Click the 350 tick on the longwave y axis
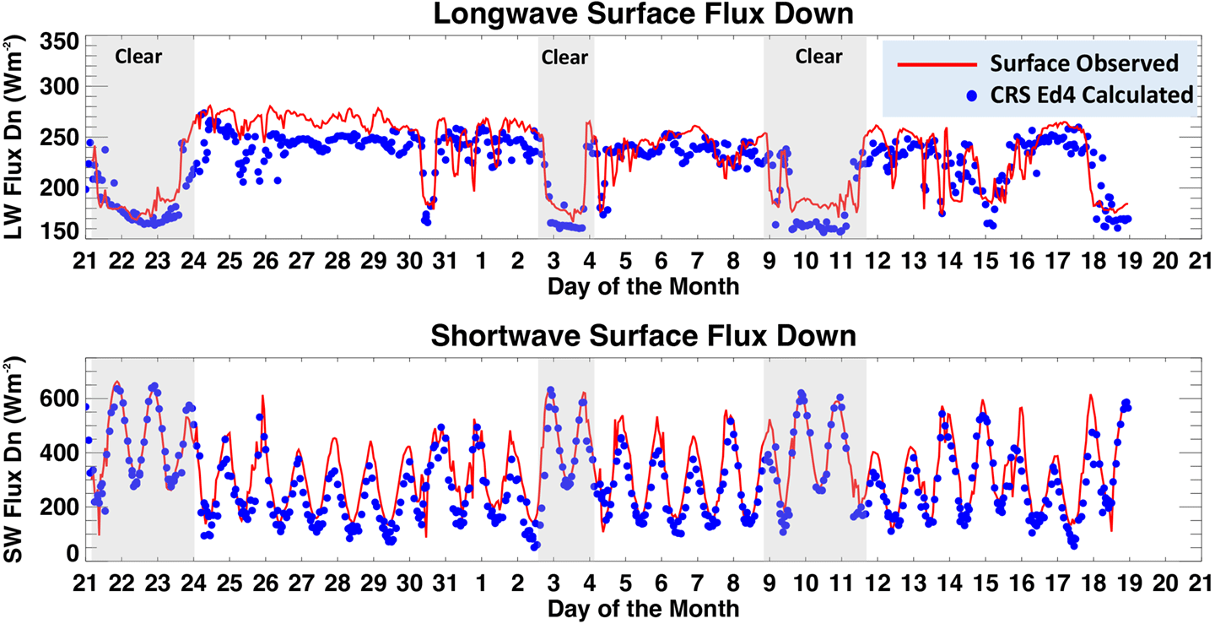pos(61,42)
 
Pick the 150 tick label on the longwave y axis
pos(61,231)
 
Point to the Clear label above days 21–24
pos(138,57)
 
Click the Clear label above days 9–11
pos(818,57)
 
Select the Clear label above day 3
pos(564,57)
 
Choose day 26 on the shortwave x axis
pos(265,583)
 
